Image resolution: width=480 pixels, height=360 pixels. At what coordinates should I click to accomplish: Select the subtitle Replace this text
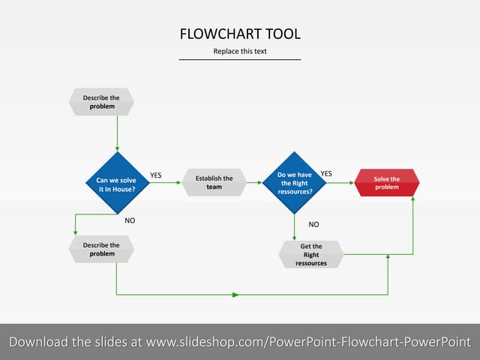click(240, 52)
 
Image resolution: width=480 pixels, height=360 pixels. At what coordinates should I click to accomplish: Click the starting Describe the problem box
click(101, 102)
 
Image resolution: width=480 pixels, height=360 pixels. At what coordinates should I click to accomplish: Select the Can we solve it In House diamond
click(117, 184)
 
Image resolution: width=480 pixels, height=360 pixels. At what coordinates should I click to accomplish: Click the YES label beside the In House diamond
click(156, 175)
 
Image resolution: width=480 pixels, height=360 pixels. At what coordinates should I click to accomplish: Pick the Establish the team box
click(214, 182)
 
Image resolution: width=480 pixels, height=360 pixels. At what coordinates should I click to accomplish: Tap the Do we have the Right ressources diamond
click(295, 182)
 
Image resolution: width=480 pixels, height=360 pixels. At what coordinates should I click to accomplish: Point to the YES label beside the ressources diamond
click(326, 174)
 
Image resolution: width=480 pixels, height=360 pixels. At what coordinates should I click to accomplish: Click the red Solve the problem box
click(386, 182)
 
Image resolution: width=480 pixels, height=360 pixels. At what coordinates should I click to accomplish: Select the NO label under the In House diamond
click(130, 221)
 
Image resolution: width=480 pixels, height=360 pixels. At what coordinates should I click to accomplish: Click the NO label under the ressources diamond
click(313, 224)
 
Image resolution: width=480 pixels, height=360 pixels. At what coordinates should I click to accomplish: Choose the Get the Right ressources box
click(310, 254)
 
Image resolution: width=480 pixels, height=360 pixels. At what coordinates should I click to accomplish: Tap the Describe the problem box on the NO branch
click(101, 249)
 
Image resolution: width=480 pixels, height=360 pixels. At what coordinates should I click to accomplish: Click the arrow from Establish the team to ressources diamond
click(255, 182)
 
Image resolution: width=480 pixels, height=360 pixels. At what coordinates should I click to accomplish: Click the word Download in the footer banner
click(38, 342)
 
